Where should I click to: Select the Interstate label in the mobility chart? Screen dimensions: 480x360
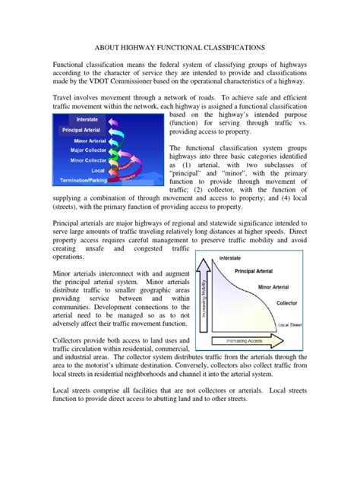(230, 259)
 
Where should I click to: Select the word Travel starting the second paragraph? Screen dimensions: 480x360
(67, 98)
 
